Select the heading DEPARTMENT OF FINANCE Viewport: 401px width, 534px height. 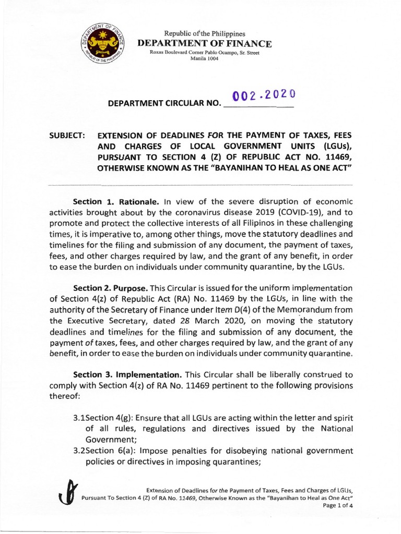[204, 43]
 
